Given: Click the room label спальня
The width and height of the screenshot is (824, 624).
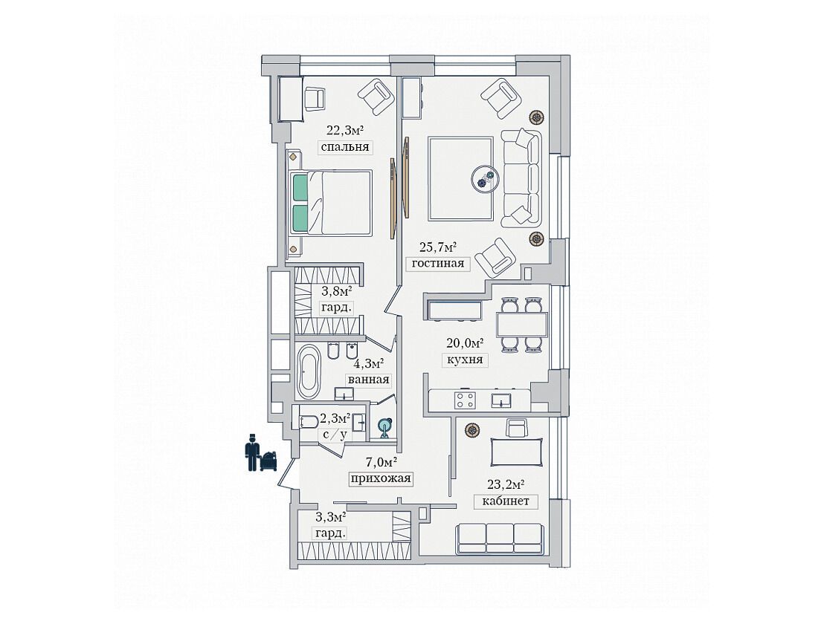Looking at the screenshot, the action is [345, 147].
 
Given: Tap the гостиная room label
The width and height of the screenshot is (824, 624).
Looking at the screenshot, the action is [438, 264].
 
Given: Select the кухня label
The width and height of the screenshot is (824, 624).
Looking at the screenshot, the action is [464, 360].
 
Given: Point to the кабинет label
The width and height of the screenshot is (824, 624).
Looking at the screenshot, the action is [506, 501].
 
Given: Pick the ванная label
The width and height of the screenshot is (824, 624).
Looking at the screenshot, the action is [368, 380].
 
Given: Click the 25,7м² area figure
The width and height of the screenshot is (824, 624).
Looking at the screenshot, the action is [437, 246].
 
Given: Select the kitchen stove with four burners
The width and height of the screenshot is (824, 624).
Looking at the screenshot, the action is [465, 400].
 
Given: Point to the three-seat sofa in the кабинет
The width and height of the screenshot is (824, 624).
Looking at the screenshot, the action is [499, 537].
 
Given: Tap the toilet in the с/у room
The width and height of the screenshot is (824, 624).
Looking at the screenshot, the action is [309, 421].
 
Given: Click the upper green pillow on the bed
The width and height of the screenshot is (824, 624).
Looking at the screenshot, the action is [300, 187].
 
